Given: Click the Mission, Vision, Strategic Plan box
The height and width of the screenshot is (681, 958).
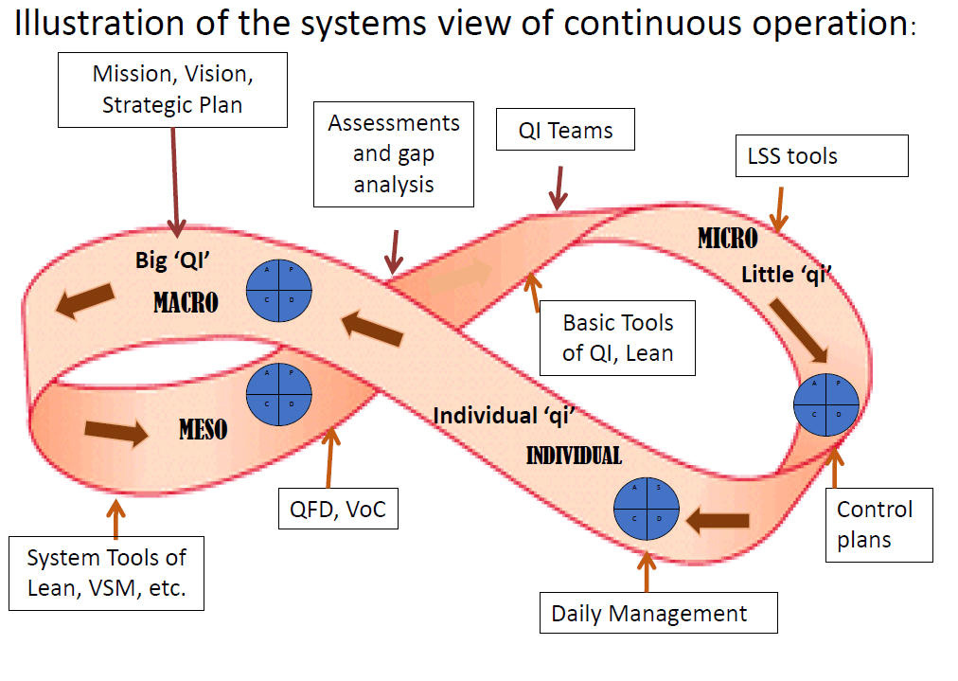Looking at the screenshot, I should coord(172,89).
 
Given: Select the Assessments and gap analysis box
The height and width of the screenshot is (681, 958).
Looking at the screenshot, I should coord(394,153).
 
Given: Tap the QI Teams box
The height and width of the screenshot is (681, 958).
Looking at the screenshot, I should coord(565,131).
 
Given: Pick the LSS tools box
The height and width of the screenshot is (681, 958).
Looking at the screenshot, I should coord(822,156).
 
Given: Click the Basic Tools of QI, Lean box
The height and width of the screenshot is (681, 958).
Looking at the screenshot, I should coord(617,338).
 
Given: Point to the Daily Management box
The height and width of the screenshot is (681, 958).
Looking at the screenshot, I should coord(658,613).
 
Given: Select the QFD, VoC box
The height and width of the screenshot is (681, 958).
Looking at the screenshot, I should coord(339,511).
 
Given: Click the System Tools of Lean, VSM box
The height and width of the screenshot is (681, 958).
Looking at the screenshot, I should coord(106,573).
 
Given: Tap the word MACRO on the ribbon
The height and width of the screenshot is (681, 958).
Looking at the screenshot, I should coord(186,303).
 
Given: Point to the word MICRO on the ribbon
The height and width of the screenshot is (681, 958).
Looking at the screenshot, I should coord(728,239).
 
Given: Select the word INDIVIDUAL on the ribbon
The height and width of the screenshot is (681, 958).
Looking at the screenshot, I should coord(574,456).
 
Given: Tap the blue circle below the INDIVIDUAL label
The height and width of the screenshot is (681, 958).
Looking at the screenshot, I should coord(648,510).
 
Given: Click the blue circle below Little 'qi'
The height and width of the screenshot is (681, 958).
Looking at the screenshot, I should coord(825,404).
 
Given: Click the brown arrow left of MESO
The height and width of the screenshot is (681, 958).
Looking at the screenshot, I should coord(116,432).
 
